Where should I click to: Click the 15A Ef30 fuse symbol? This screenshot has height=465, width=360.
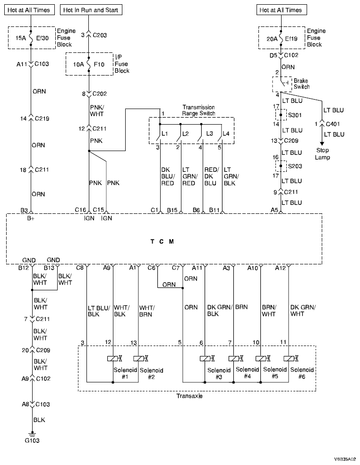click(31, 37)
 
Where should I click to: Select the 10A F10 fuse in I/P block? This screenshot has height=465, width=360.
click(89, 64)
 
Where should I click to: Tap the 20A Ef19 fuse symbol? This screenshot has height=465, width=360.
click(281, 37)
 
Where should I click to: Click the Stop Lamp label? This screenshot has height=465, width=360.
click(323, 154)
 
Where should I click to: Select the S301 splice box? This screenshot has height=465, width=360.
click(281, 115)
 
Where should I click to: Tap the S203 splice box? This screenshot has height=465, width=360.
click(281, 166)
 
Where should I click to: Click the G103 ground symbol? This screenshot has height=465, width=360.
click(32, 433)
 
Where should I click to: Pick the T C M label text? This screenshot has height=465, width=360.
click(162, 241)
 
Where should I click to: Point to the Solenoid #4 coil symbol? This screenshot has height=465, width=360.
click(234, 359)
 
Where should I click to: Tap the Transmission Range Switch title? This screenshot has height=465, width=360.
click(198, 110)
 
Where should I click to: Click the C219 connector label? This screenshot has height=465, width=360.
click(44, 119)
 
